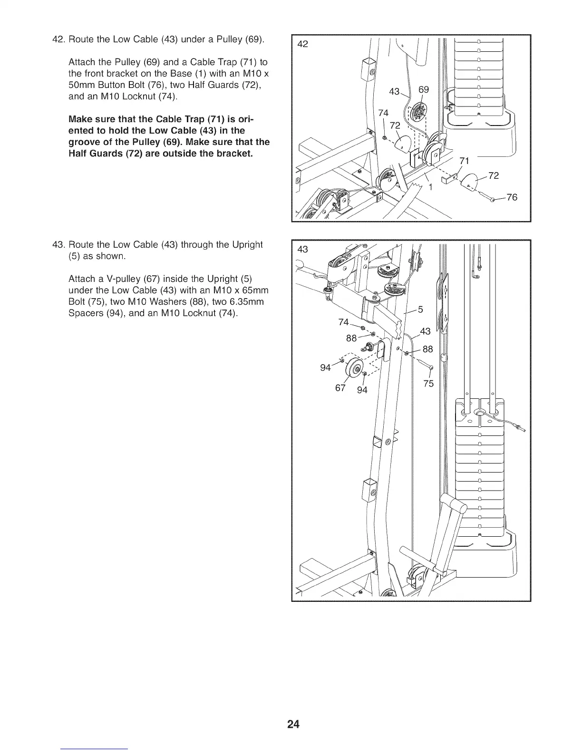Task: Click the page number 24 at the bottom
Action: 293,724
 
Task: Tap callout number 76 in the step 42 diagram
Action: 512,197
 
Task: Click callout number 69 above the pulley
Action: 423,90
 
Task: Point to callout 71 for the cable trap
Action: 465,161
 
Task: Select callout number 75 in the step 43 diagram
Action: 428,384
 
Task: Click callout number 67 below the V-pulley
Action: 340,387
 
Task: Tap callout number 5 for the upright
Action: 420,309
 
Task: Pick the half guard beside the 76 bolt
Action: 469,181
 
